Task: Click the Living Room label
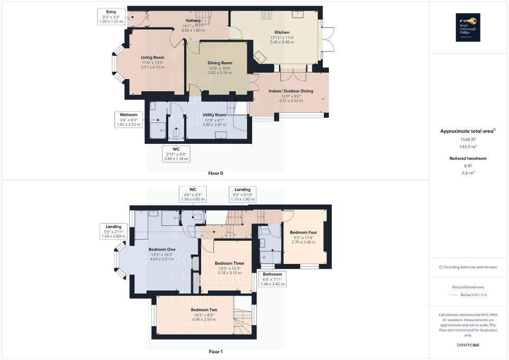coord(152,57)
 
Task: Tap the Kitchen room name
coord(281,32)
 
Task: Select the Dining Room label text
coord(219,63)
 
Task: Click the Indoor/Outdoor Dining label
coord(291,91)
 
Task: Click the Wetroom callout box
coord(128,119)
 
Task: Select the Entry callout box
coord(111,15)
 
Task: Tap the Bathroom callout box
coord(273,278)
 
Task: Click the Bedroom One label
coord(162,249)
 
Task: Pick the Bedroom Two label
coord(204,310)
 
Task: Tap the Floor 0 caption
coord(215,172)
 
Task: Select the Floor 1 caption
coord(215,351)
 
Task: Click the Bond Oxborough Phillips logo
coord(469,27)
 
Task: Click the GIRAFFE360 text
coord(469,345)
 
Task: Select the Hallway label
coord(193,21)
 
